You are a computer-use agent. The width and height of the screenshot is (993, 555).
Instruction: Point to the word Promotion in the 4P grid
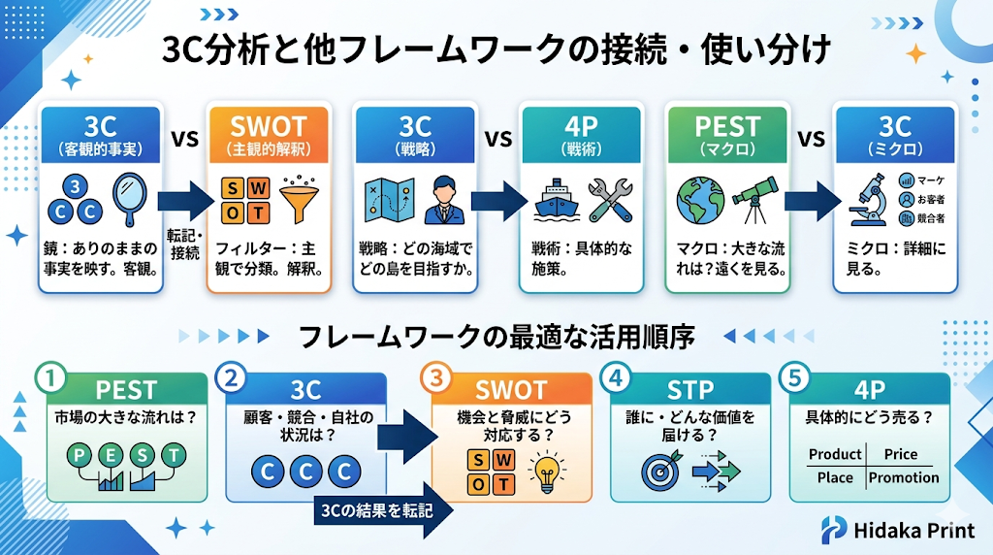point(903,477)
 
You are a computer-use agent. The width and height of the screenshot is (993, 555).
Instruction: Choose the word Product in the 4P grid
point(834,454)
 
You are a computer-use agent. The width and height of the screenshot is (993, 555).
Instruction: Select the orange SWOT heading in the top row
point(269,127)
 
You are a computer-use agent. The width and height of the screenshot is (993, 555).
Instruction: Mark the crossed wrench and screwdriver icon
point(610,199)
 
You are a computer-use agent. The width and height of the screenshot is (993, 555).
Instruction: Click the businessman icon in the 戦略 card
point(437,199)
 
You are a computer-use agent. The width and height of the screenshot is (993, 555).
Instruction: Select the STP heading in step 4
point(690,390)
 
